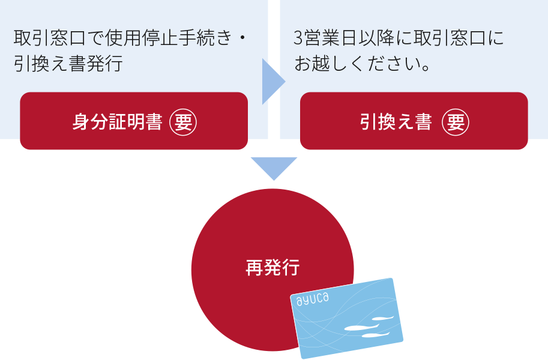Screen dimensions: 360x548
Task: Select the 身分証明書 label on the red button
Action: [x=117, y=122]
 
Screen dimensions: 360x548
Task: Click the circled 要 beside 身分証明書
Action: [x=183, y=122]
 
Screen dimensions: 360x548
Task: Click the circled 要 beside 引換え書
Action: [x=456, y=122]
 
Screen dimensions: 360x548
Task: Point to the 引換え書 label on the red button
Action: [x=396, y=122]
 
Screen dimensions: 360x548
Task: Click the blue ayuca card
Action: [x=348, y=317]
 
